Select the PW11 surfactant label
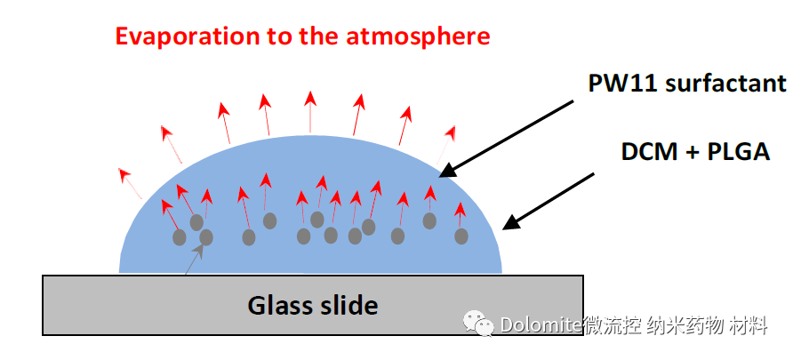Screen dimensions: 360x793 pos(687,84)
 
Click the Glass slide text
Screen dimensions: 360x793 pos(313,306)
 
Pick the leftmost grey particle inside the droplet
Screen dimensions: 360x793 pos(180,237)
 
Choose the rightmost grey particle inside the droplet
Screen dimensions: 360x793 pos(461,236)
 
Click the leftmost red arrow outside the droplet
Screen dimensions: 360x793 pos(131,182)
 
